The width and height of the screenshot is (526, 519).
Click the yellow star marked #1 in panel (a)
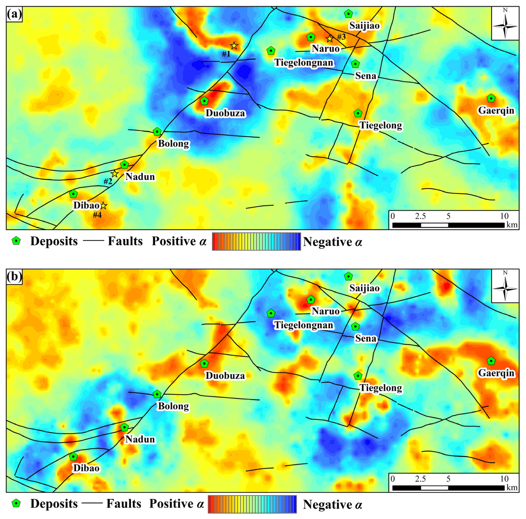pos(234,46)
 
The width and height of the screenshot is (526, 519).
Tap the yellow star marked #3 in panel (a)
pos(330,38)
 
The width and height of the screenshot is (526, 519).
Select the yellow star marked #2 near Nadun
pos(115,174)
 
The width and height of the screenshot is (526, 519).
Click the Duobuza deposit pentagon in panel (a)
pos(204,101)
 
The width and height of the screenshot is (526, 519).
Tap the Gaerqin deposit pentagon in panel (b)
pos(491,361)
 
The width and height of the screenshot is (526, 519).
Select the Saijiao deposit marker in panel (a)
pos(348,14)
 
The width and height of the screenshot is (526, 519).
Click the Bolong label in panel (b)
pos(173,406)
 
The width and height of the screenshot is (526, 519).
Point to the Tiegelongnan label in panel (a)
pos(303,63)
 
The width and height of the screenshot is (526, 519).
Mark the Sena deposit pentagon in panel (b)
pos(355,326)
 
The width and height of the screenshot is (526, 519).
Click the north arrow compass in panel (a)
pos(505,24)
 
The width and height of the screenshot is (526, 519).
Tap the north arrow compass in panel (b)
pos(505,286)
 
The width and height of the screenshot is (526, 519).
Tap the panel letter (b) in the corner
pos(14,276)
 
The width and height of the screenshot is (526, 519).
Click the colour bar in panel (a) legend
pos(256,242)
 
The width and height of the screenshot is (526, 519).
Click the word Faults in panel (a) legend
pos(125,241)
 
